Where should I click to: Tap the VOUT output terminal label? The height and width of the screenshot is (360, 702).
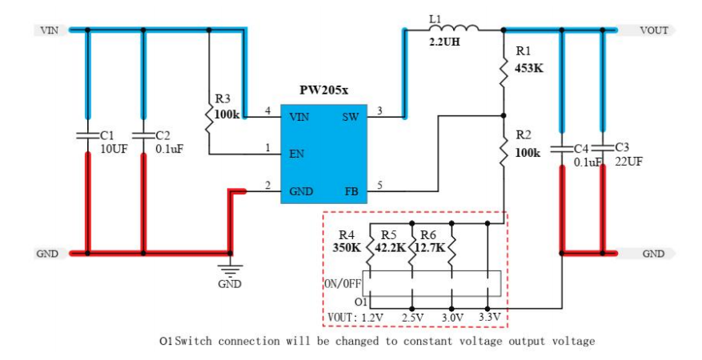(x=653, y=30)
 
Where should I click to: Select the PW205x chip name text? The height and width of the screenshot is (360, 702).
(x=323, y=93)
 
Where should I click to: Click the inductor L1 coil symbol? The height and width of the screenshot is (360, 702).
(x=454, y=29)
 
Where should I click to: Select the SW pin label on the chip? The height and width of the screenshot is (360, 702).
(x=351, y=117)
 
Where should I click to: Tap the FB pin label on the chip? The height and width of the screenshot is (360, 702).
(x=351, y=191)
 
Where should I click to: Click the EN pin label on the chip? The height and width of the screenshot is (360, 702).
(x=296, y=154)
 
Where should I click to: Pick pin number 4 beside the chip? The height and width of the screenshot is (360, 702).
(x=268, y=110)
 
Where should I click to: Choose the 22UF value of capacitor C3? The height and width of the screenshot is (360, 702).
(x=628, y=161)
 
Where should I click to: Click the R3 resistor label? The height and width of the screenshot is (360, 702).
(x=223, y=98)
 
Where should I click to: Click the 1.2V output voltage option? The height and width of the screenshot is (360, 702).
(x=372, y=318)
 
